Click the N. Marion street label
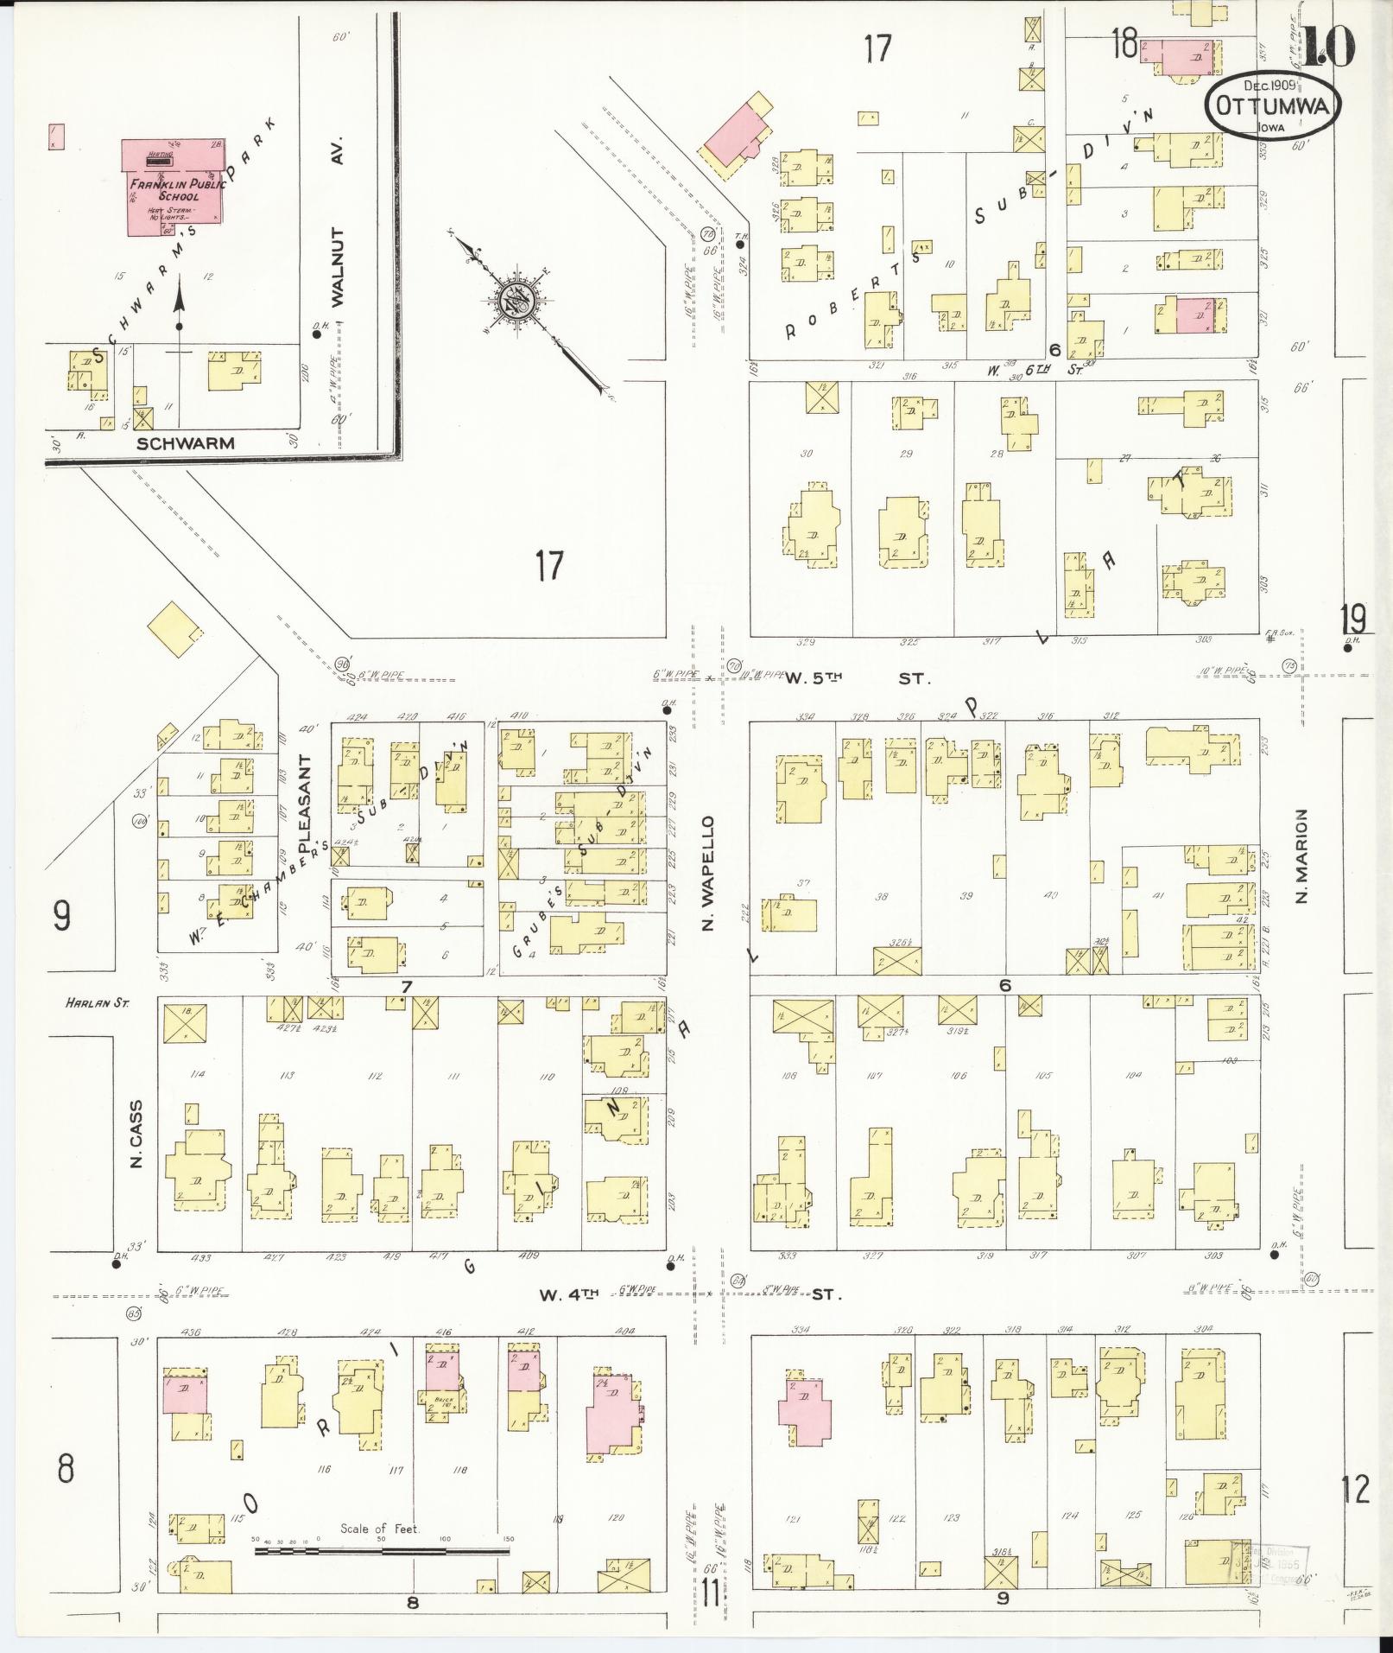1302,855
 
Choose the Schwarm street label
186,443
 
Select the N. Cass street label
136,1135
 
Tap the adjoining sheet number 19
1352,619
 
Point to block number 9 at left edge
60,915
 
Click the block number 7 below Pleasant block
405,986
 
